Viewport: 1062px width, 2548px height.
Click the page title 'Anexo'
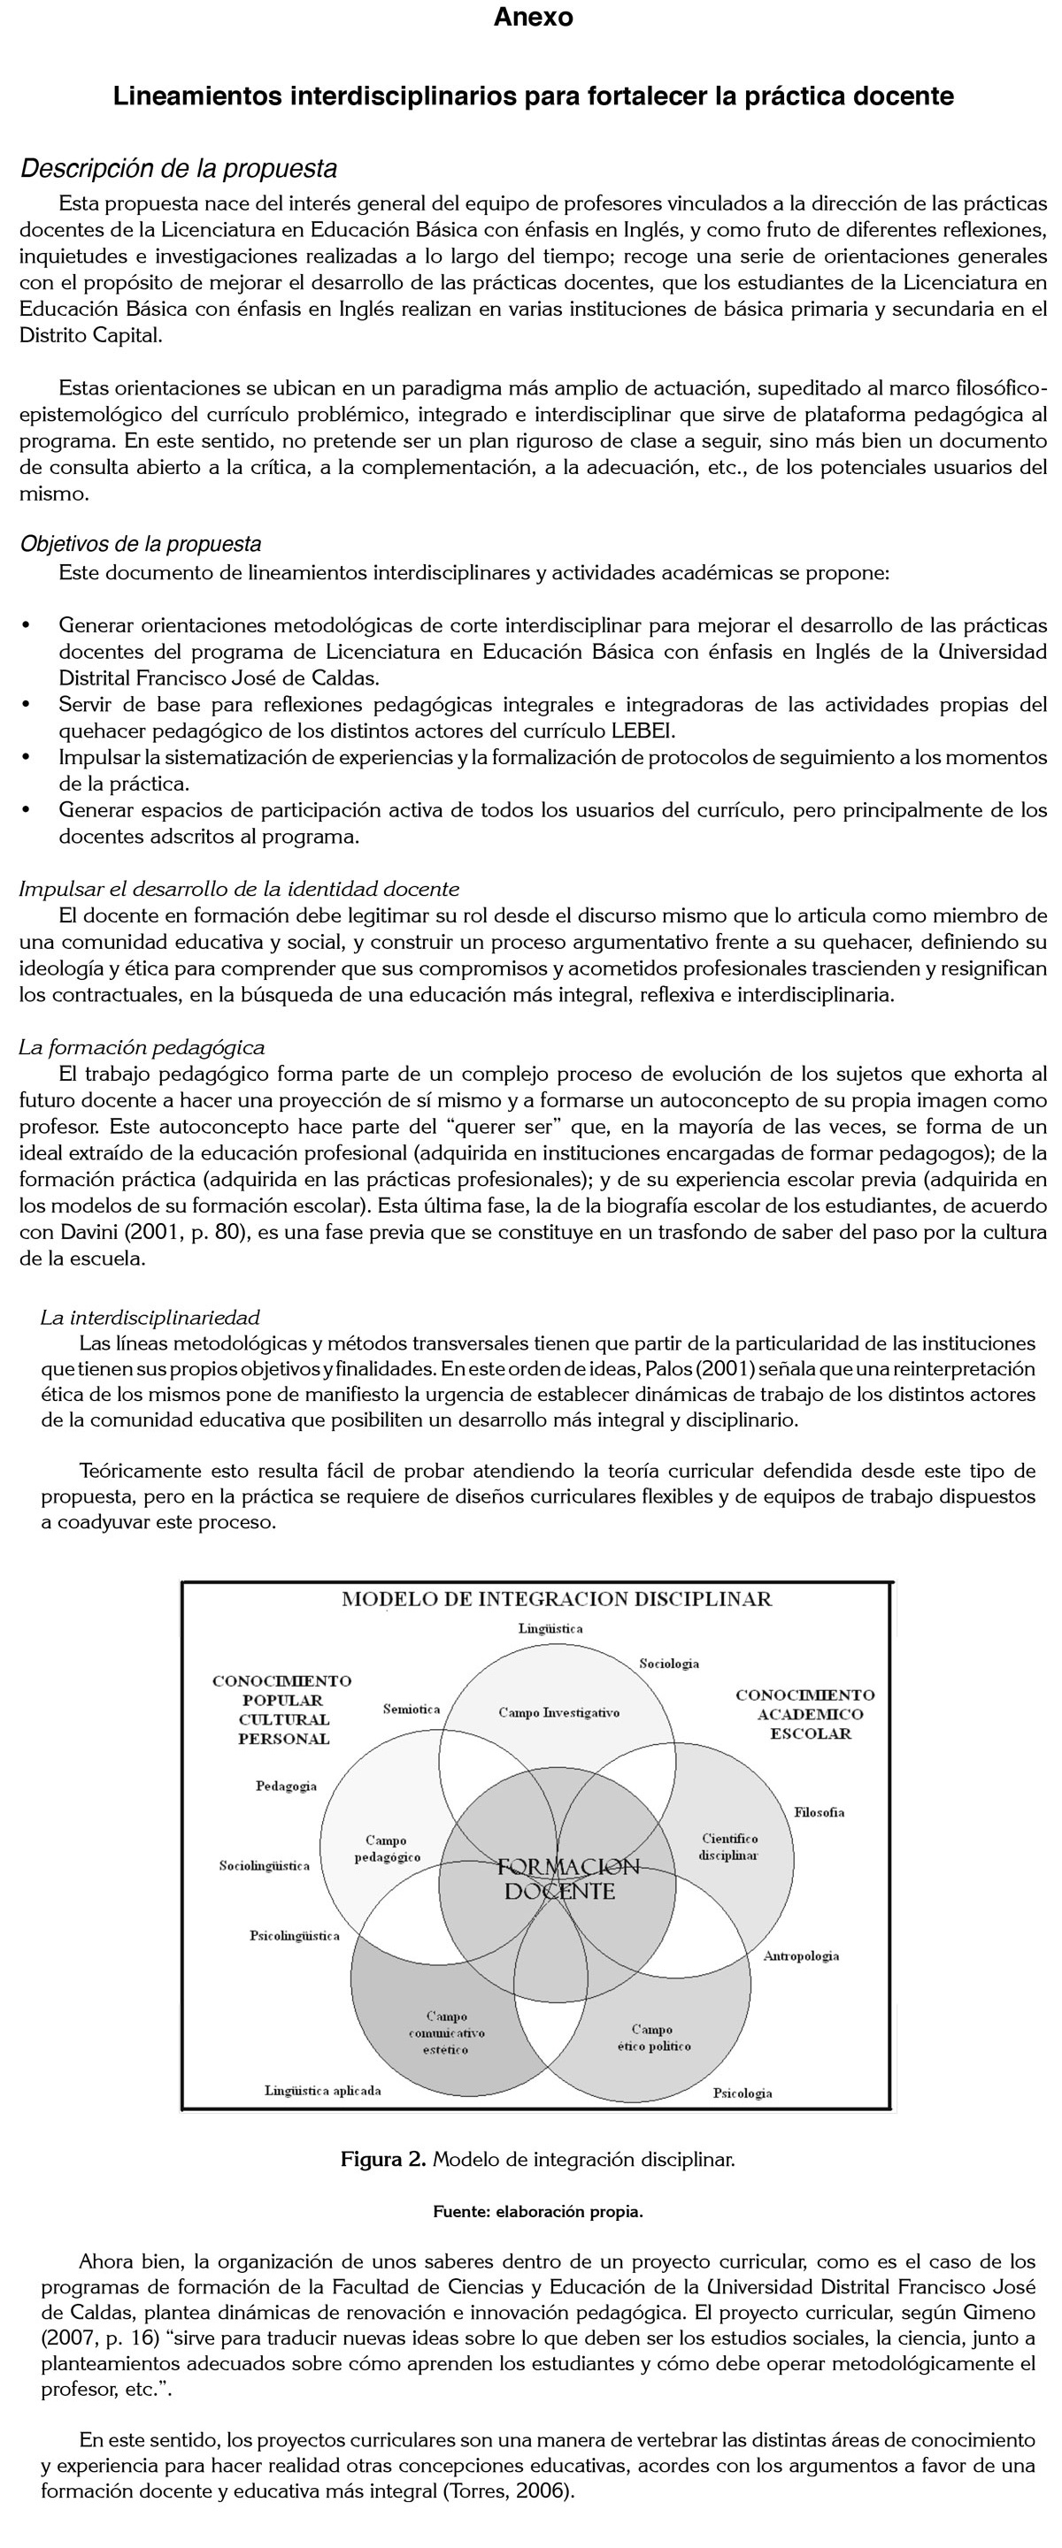(x=533, y=18)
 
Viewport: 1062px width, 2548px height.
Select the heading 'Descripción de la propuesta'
(x=179, y=169)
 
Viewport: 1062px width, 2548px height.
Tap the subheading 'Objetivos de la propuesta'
(x=141, y=544)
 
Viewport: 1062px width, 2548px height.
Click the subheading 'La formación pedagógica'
(x=142, y=1046)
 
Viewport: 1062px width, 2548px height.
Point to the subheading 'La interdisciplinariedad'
(x=150, y=1318)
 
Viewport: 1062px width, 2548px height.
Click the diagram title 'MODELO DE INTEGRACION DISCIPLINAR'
(x=557, y=1599)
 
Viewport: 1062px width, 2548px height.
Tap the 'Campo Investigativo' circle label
(x=558, y=1712)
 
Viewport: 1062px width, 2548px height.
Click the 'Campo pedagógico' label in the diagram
(x=387, y=1848)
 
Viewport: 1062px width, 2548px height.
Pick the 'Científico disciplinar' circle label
(x=728, y=1847)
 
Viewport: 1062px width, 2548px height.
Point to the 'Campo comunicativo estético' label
(x=446, y=2032)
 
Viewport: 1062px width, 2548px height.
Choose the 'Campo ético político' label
(x=653, y=2038)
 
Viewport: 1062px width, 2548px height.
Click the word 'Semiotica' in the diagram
(x=411, y=1710)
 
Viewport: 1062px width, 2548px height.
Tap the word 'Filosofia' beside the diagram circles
(x=819, y=1812)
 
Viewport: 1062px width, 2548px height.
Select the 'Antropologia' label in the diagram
(x=801, y=1955)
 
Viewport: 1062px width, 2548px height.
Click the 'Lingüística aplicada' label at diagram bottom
(x=323, y=2090)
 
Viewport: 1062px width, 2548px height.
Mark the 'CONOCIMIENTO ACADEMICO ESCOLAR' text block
(x=804, y=1714)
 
